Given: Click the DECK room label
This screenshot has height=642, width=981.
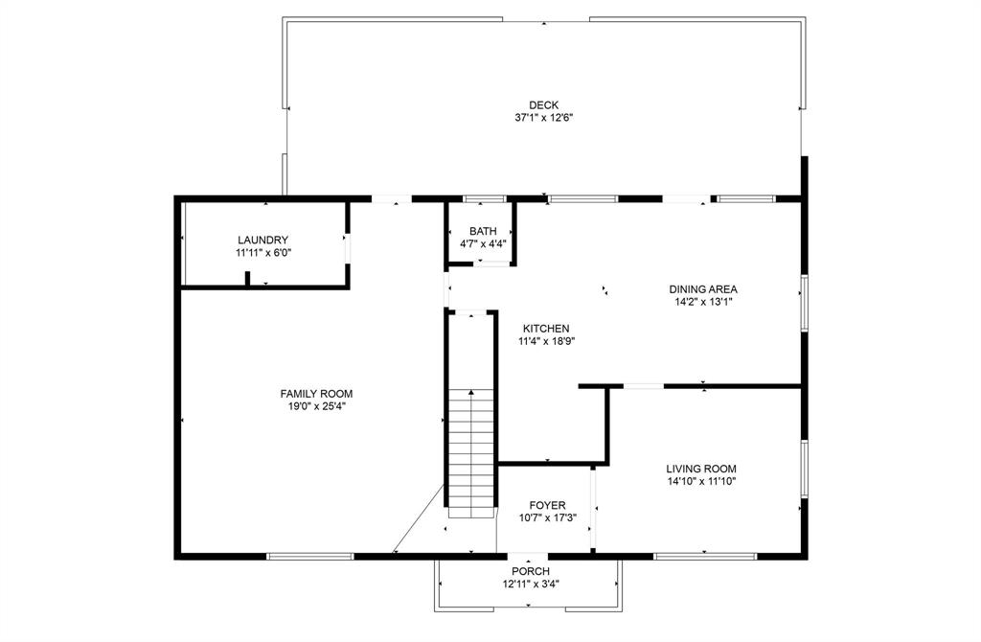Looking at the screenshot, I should coord(543,105).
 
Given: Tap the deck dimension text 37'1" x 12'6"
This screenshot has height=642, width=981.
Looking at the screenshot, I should coord(543,118).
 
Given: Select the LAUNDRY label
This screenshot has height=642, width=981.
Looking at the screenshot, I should coord(262,241).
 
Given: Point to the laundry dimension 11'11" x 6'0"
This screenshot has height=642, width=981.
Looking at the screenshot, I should coord(262,253).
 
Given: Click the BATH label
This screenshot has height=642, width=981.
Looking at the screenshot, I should coord(483,232).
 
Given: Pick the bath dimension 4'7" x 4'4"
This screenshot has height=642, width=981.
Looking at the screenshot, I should coord(483,244).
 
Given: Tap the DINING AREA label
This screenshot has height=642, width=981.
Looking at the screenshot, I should coord(703,288).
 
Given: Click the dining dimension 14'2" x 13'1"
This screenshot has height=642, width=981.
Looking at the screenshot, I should coord(703,301).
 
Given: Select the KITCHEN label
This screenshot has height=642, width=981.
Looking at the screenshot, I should coord(546,328).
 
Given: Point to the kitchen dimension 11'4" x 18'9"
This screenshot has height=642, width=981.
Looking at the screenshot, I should coord(546,340).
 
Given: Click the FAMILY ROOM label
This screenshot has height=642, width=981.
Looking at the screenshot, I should coord(316,394).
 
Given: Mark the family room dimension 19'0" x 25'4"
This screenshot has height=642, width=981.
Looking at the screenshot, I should coord(316,406).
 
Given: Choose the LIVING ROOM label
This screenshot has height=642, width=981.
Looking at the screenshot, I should coord(701,469).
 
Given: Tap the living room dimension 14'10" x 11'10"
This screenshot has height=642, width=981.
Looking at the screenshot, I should coord(701,481).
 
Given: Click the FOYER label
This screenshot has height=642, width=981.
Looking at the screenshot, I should coord(548,505).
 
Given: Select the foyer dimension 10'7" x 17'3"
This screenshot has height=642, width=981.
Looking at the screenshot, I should coord(548,517).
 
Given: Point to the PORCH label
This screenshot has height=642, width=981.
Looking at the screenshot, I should coord(530,571).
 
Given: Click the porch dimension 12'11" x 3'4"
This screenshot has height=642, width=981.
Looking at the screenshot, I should coord(530,584).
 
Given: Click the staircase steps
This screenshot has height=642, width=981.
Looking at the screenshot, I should coord(471,450).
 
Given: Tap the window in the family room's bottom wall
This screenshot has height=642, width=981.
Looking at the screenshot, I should coord(310,556).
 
